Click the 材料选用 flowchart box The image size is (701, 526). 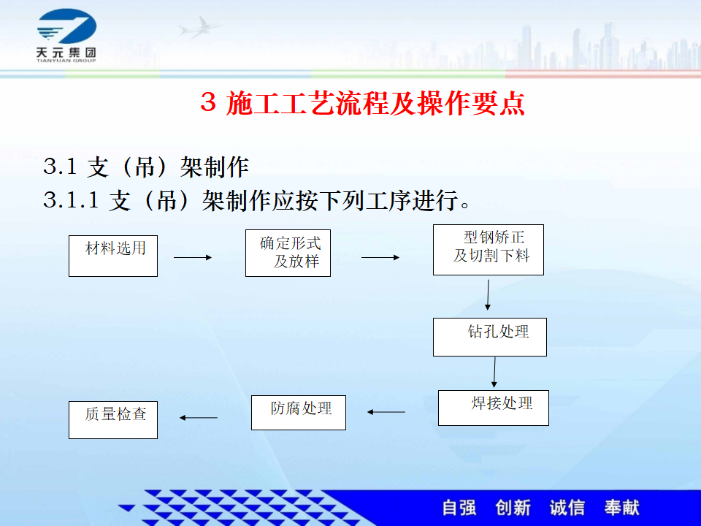(113, 256)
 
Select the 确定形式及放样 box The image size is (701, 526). (288, 254)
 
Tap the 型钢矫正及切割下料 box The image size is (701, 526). (489, 250)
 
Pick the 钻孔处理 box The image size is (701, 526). (489, 337)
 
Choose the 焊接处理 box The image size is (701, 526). (493, 408)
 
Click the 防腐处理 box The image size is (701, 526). (298, 412)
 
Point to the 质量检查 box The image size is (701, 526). (113, 419)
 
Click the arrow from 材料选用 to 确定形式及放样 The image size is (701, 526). (193, 257)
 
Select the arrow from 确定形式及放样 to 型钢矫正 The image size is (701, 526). (380, 257)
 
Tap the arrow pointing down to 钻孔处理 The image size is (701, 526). (488, 294)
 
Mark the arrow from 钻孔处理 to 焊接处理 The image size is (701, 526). (494, 372)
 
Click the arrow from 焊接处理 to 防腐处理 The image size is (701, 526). (386, 412)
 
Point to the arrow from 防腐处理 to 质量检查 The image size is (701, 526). (199, 417)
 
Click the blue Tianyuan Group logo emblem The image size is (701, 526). (66, 27)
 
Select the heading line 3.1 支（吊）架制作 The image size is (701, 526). (146, 167)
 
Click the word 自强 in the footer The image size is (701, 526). (459, 508)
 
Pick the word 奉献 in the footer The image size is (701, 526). (622, 508)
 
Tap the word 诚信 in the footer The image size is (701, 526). (567, 508)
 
